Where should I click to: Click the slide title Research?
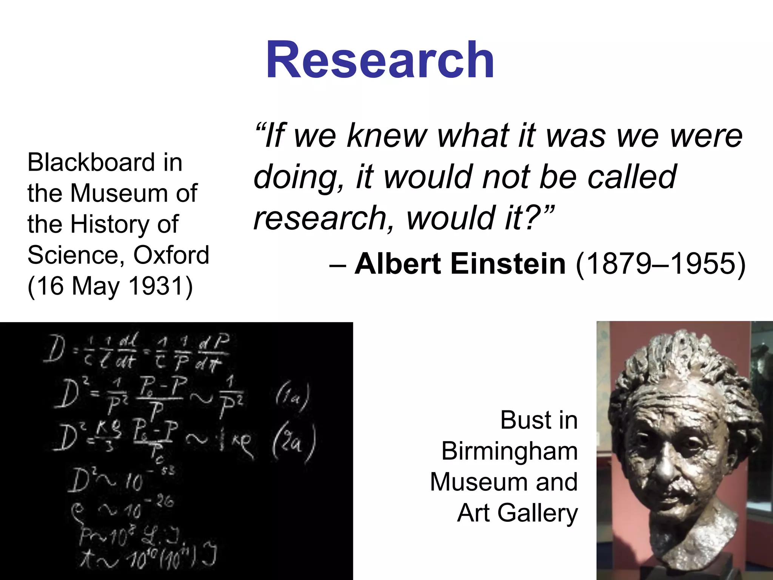(380, 60)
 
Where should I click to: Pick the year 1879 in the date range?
(616, 264)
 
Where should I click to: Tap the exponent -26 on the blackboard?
(163, 501)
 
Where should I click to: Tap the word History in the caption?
(110, 224)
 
